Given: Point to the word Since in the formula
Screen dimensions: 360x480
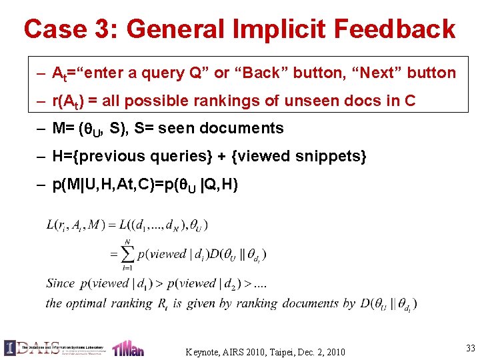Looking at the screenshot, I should click(61, 283).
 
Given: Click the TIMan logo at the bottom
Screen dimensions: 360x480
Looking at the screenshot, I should click(128, 348).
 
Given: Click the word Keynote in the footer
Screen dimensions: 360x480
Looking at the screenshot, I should click(206, 351).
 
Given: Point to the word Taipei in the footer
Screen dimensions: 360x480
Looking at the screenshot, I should click(283, 351).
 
